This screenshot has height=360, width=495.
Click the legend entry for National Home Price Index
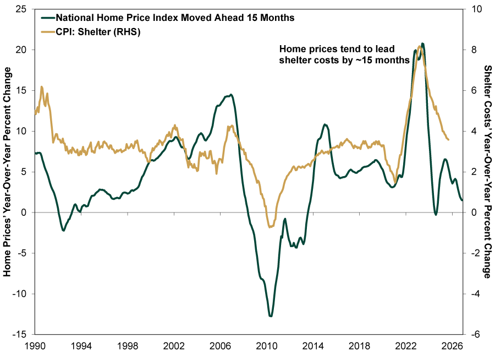click(175, 18)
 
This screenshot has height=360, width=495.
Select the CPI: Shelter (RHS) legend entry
click(98, 32)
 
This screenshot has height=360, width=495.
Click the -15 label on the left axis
click(20, 335)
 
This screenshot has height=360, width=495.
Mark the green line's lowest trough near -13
click(271, 316)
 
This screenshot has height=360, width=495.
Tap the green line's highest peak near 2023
click(422, 43)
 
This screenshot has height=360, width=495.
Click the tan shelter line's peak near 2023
click(420, 46)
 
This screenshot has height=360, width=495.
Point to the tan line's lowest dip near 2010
click(269, 227)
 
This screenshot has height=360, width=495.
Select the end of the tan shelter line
click(449, 140)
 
